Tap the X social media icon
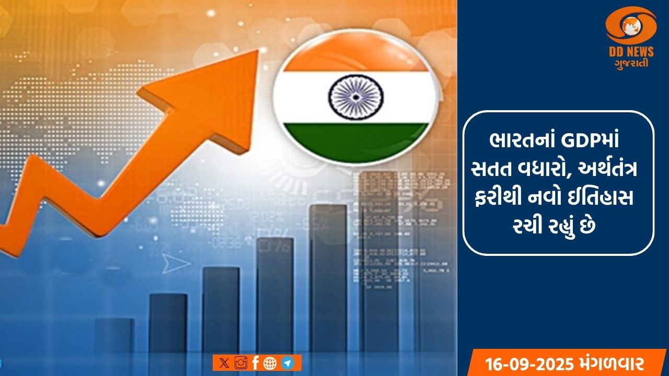[224, 363]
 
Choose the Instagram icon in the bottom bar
[240, 363]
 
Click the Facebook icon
[255, 363]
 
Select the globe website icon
[270, 363]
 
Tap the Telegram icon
[286, 363]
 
